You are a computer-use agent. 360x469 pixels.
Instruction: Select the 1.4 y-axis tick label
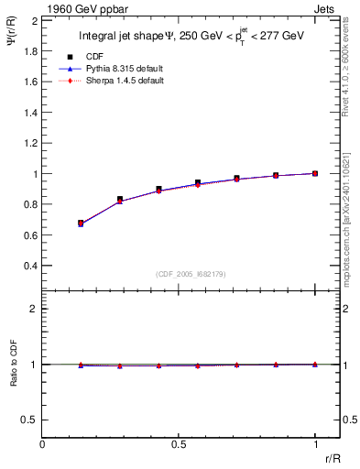click(x=31, y=112)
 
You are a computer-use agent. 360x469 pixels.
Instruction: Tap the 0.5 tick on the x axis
click(x=179, y=444)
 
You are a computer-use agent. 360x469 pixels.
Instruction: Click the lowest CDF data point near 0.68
click(x=81, y=223)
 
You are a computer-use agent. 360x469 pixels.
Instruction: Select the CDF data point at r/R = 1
click(x=315, y=173)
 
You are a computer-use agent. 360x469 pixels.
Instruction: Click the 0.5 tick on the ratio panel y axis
click(x=31, y=420)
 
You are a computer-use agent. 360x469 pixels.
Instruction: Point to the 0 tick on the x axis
click(x=42, y=444)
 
